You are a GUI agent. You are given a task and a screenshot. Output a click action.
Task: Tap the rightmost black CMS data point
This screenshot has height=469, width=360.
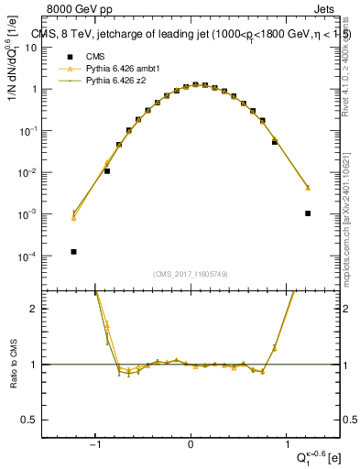coord(308,213)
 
